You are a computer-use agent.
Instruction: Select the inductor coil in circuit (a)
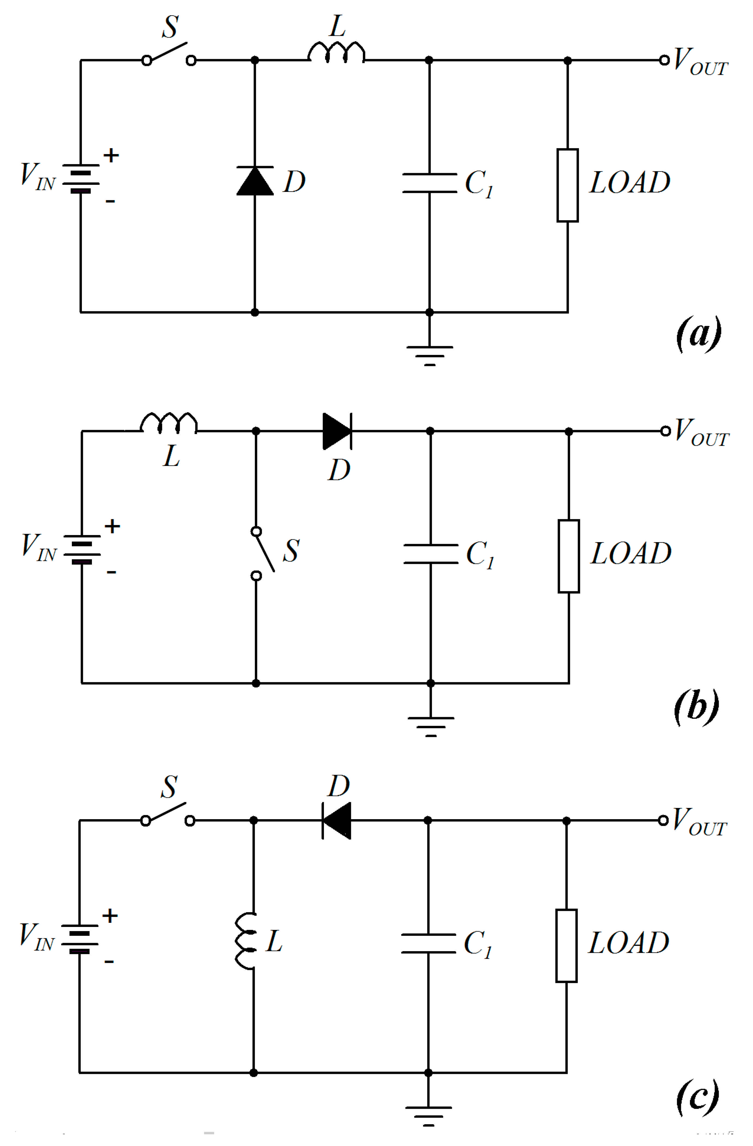point(336,53)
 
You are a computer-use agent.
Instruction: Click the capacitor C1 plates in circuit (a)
point(430,183)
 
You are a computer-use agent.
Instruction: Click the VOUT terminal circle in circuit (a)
point(664,60)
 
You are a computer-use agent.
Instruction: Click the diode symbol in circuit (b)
point(337,431)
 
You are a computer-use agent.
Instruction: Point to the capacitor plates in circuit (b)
point(430,554)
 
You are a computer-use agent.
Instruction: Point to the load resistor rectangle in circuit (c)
point(566,946)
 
